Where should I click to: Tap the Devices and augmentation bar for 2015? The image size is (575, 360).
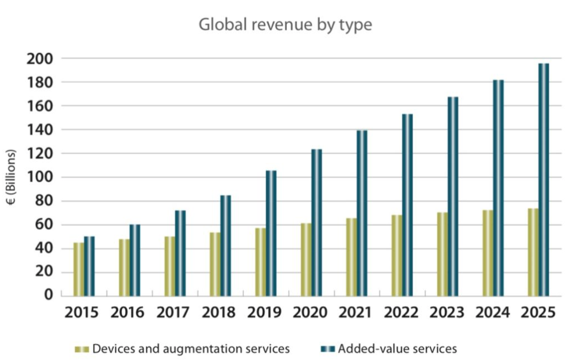pos(78,269)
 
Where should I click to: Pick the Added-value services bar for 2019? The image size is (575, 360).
pos(271,233)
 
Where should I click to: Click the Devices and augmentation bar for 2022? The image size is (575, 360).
pos(397,255)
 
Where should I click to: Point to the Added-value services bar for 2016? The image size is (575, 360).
pos(135,260)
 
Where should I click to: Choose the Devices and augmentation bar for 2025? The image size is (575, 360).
pos(533,252)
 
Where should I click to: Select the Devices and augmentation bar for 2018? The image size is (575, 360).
pos(215,264)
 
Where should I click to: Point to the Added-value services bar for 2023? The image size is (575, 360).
pos(453,196)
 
